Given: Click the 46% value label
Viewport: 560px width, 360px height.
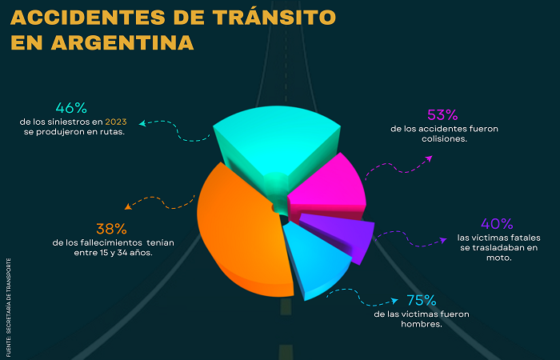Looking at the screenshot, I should coord(71,108).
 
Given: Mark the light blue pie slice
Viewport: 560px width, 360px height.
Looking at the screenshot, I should coord(320,260).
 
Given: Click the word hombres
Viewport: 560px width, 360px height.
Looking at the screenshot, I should coord(421,323).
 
